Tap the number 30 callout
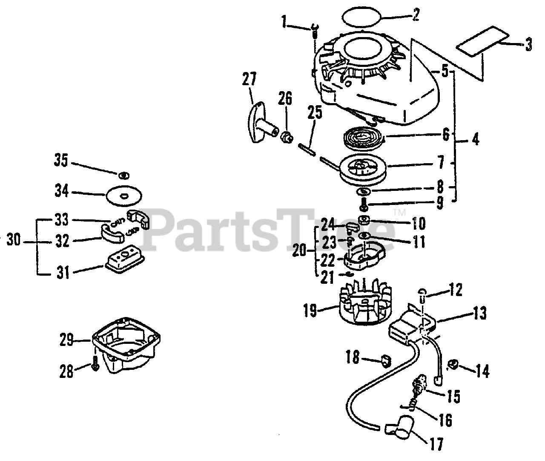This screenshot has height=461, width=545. [x=14, y=241]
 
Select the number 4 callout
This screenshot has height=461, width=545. [x=475, y=139]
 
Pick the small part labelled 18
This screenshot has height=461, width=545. [x=386, y=361]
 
